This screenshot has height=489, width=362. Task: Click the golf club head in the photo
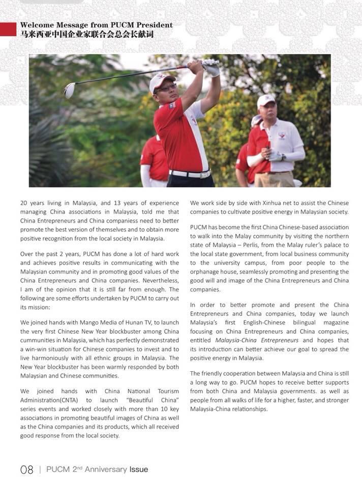tap(69, 90)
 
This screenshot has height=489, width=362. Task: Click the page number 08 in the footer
tap(27, 470)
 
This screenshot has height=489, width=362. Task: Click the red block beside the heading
tap(8, 29)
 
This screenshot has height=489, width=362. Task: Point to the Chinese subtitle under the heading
tap(86, 35)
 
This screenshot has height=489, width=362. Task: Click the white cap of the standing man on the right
tap(265, 100)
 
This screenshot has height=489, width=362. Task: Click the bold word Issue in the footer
tap(139, 470)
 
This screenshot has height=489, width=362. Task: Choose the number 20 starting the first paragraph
tap(24, 202)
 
